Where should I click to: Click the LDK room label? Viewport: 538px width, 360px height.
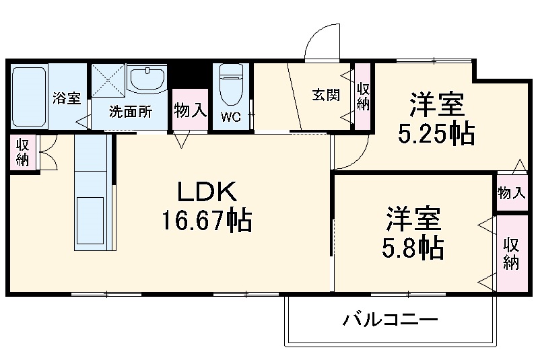pyautogui.click(x=207, y=193)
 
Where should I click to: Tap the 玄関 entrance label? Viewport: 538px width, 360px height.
pyautogui.click(x=325, y=95)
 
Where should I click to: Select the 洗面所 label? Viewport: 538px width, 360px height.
pyautogui.click(x=131, y=112)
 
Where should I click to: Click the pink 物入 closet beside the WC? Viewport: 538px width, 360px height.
pyautogui.click(x=190, y=110)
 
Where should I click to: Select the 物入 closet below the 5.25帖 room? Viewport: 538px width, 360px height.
pyautogui.click(x=511, y=193)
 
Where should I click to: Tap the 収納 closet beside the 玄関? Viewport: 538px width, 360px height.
pyautogui.click(x=364, y=95)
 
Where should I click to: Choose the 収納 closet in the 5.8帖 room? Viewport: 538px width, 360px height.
pyautogui.click(x=512, y=254)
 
